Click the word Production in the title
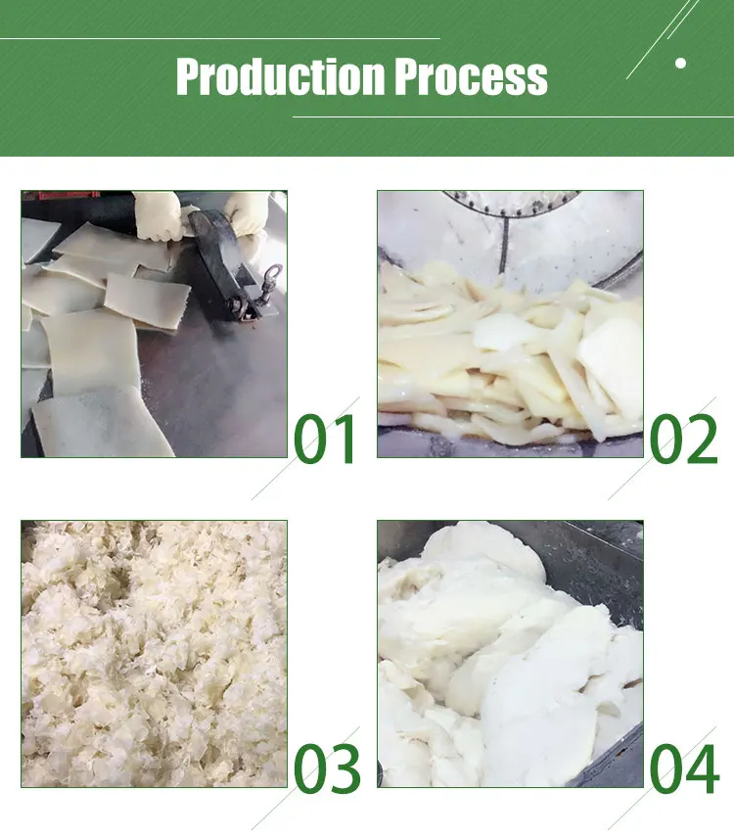pos(280,76)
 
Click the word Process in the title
pos(471,77)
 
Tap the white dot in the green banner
pos(680,63)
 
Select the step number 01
pos(325,439)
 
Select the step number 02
pos(683,439)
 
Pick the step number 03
pos(327,768)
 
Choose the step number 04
pos(684,768)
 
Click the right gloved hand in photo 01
pos(247,213)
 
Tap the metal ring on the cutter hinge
pos(272,276)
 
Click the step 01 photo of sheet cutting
pos(154,324)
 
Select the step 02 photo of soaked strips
pos(510,324)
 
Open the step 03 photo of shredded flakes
pos(154,654)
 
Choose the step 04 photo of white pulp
pos(510,654)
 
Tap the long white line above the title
pos(220,38)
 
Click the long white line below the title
pos(514,116)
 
